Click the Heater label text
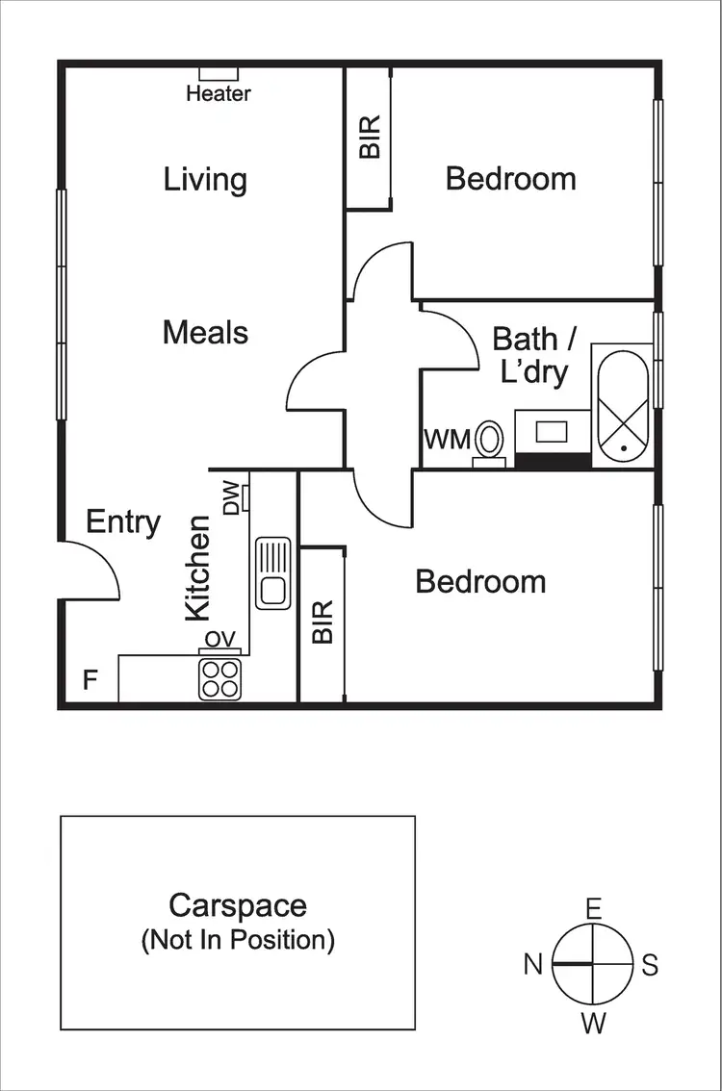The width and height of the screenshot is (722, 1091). coord(219,93)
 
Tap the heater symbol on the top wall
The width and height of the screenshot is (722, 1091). coord(219,73)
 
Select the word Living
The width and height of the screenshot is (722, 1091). coord(205,180)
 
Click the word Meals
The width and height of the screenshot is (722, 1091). coord(205,333)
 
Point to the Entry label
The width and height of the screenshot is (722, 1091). coord(123,522)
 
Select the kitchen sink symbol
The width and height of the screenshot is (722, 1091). coord(272,573)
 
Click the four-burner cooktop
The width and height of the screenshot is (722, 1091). coord(219,679)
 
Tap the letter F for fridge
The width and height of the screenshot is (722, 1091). coord(90,681)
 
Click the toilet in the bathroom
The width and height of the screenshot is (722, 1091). coord(489,443)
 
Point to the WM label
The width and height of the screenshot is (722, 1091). coord(448,441)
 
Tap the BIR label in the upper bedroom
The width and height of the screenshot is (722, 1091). coord(370,138)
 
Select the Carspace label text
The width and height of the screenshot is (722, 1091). coord(238,905)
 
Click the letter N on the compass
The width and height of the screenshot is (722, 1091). coord(533,964)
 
